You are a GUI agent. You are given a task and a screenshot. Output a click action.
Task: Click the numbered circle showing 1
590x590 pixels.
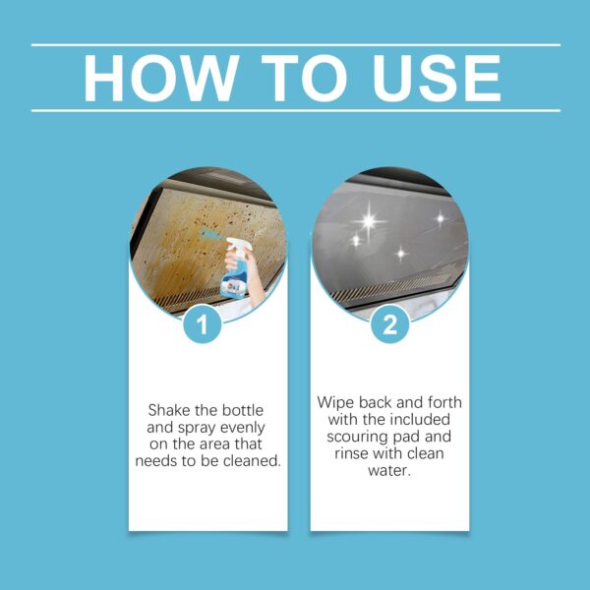point(203,325)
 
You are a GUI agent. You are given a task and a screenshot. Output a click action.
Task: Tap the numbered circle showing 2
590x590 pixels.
point(389,325)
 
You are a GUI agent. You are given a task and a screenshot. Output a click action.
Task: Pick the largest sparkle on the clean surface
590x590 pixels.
point(369,221)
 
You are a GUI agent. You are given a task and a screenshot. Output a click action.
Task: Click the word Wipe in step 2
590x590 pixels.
point(335,403)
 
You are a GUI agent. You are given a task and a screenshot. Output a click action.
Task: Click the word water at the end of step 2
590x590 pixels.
point(389,470)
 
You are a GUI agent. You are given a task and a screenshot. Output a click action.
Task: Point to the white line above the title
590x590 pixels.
point(295,44)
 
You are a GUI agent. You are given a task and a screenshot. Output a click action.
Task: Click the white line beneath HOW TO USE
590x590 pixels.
point(295,110)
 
